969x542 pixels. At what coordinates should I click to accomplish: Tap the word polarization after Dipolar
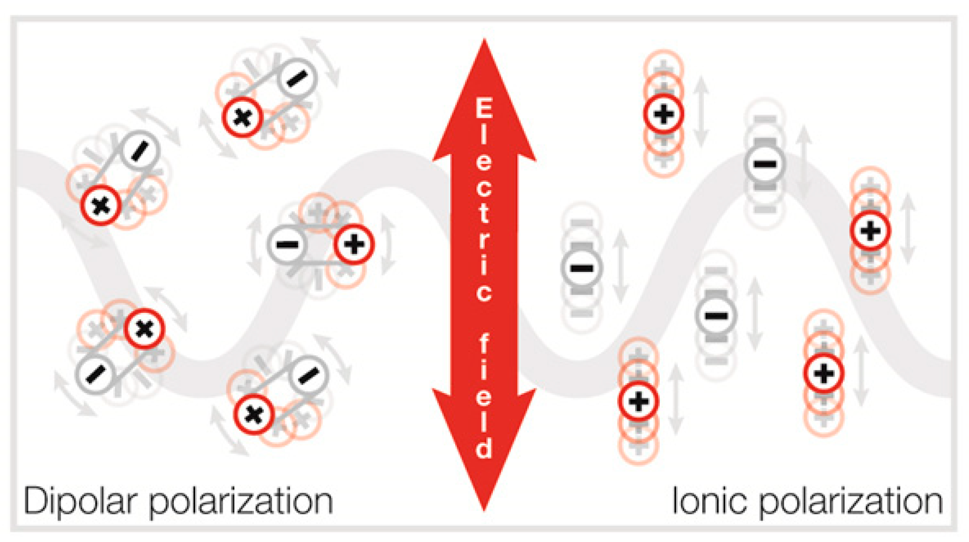241,502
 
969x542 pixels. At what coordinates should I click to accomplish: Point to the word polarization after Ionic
851,502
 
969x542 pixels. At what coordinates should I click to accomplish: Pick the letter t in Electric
484,213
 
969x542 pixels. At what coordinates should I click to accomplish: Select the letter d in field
484,449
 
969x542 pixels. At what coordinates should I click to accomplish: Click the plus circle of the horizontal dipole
354,245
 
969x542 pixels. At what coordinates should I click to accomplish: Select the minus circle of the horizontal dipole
287,245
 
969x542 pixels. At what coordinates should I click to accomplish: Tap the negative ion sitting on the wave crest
765,164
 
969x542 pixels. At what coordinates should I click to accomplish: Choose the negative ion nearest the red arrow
582,268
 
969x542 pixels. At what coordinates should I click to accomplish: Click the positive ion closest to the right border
870,231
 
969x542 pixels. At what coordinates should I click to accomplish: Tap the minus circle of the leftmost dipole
95,374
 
